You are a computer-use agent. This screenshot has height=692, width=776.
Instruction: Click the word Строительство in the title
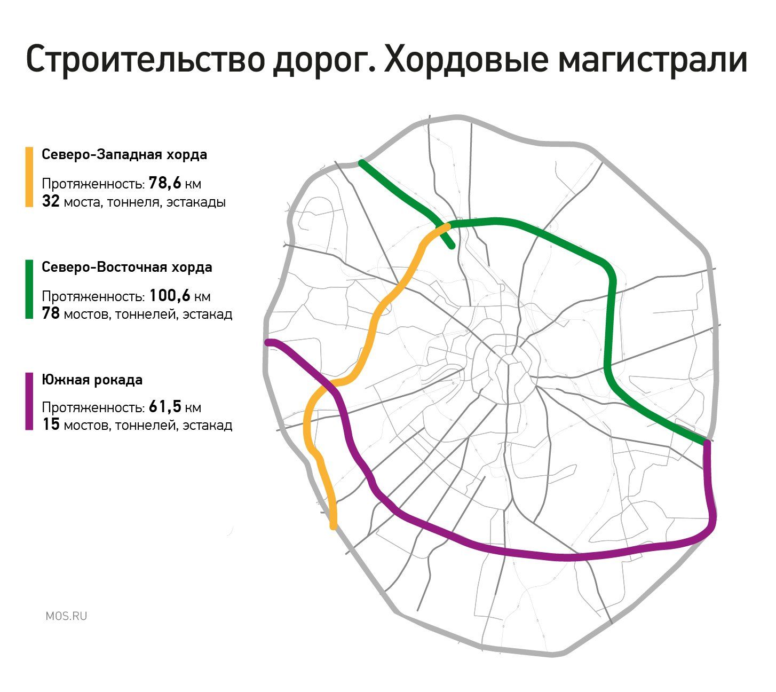pos(146,60)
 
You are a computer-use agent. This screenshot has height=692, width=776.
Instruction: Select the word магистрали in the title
pos(653,60)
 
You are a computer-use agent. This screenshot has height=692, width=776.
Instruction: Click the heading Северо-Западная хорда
pos(124,154)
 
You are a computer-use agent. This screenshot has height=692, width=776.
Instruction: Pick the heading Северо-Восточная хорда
pos(127,267)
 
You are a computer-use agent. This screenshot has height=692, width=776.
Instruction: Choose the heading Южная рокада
pos(92,380)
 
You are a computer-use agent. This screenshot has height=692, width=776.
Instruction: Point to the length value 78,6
pos(165,183)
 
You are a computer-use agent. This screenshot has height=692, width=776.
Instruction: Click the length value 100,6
pos(169,296)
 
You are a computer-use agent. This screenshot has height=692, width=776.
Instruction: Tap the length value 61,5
pos(165,406)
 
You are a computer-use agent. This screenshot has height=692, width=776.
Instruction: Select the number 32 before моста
pos(51,201)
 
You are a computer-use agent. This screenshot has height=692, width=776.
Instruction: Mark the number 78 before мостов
pos(51,313)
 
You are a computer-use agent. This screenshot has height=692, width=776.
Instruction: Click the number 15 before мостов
pos(51,424)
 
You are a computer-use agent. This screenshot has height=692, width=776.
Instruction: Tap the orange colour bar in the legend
pos(29,177)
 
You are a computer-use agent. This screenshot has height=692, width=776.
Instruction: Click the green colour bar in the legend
pos(29,289)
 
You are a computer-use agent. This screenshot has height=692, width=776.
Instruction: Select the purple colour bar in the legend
pos(29,401)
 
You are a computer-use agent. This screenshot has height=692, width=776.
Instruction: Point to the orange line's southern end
pos(333,527)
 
